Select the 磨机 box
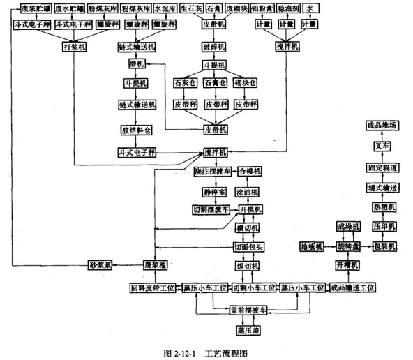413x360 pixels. click(136, 65)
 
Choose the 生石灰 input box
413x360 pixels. click(193, 9)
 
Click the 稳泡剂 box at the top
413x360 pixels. click(285, 9)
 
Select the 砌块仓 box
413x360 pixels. click(246, 83)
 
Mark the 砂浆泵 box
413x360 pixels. click(100, 266)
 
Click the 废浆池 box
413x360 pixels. click(154, 266)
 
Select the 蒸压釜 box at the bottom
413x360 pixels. click(249, 329)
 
